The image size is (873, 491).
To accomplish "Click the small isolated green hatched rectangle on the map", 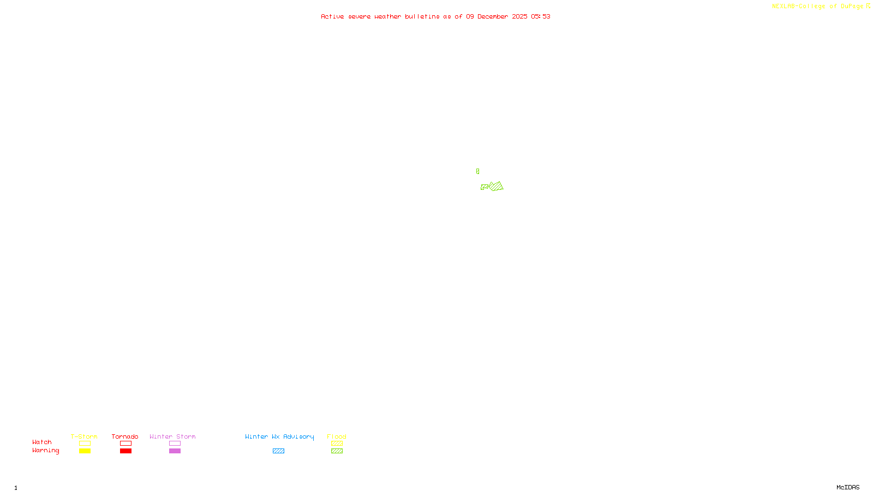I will [477, 171].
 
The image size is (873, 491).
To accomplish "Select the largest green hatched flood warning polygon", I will [496, 187].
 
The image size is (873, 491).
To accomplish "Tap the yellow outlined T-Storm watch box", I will [85, 444].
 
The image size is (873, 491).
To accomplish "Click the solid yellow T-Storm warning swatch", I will [85, 451].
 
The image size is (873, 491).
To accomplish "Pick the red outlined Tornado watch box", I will [125, 444].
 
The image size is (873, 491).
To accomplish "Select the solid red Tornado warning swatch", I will [125, 451].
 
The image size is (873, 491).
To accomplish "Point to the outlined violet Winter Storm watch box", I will [175, 444].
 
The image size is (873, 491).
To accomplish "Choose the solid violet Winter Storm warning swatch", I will [175, 451].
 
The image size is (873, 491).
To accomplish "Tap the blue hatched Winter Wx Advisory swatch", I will [278, 451].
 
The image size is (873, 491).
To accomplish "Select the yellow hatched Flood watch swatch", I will [337, 444].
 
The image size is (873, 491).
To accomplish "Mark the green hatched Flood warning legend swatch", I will [337, 451].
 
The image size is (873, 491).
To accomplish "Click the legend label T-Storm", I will [84, 436].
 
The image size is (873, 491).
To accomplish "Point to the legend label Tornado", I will [125, 436].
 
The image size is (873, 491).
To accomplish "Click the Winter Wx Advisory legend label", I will [279, 436].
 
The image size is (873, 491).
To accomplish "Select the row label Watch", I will [42, 442].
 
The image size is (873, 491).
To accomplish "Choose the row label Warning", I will [45, 451].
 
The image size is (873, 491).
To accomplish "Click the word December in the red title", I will [493, 16].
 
